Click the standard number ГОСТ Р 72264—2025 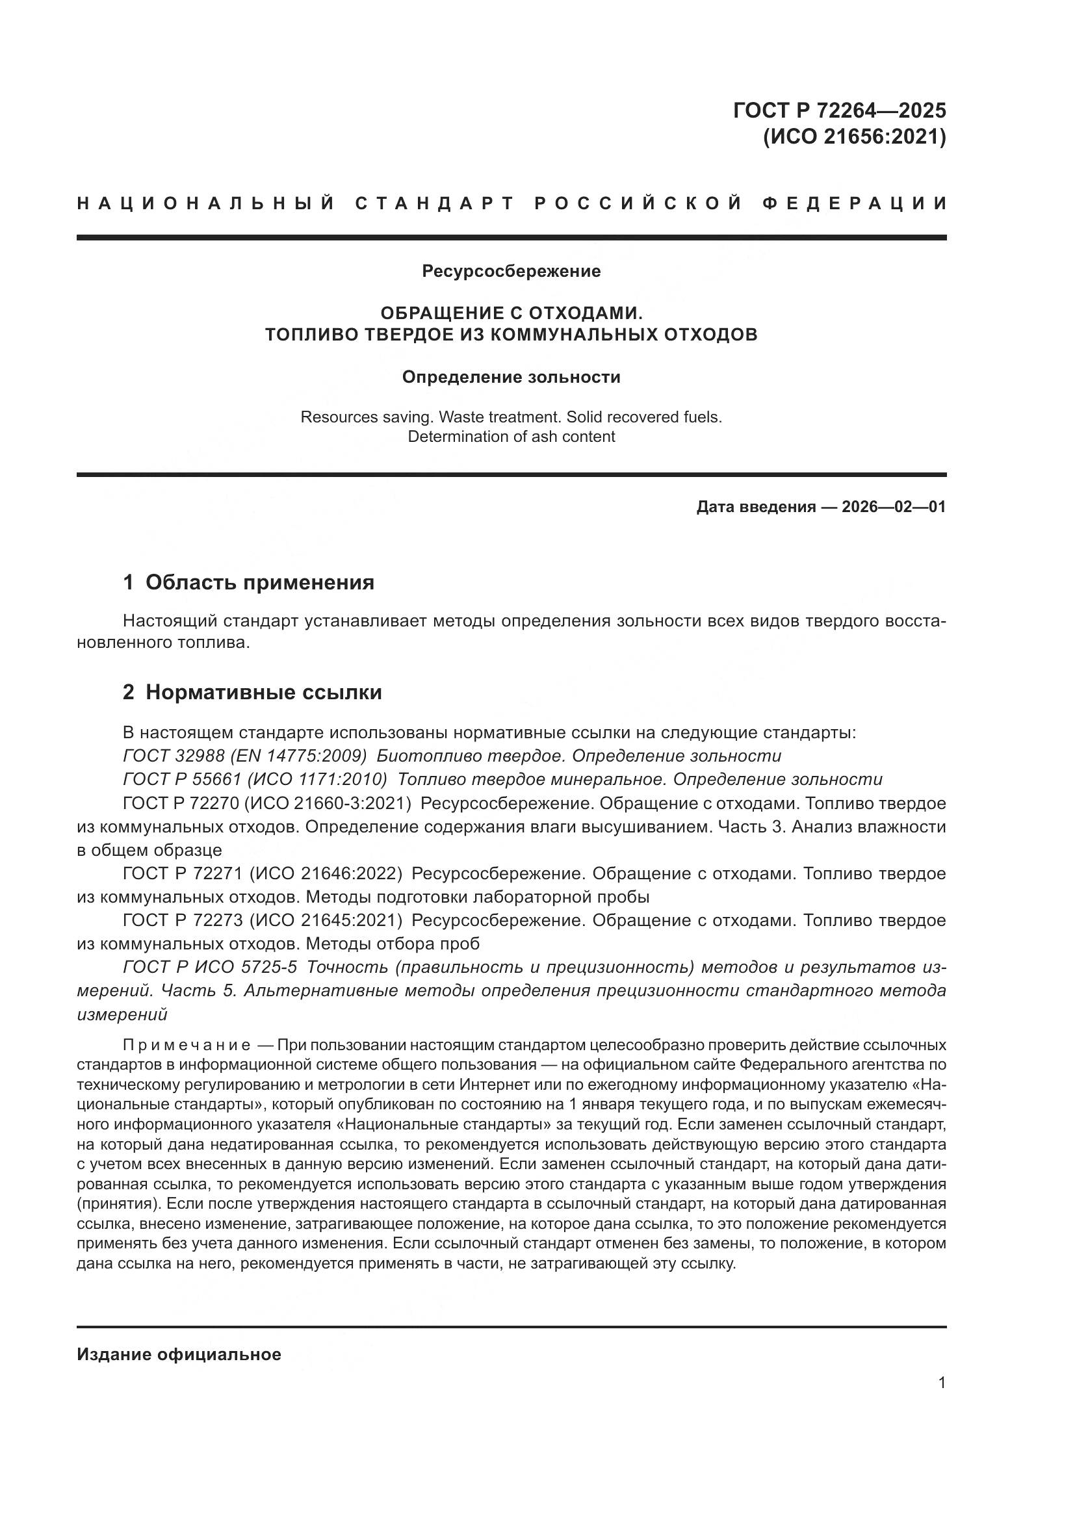pos(839,110)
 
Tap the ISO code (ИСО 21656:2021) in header pos(855,137)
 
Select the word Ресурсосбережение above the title pos(511,271)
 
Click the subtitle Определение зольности pos(511,378)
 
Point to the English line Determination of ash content pos(511,437)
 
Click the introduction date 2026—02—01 pos(894,507)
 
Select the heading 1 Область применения pos(248,582)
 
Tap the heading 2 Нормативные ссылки pos(252,693)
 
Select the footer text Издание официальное pos(179,1354)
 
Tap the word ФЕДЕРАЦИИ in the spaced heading pos(855,203)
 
